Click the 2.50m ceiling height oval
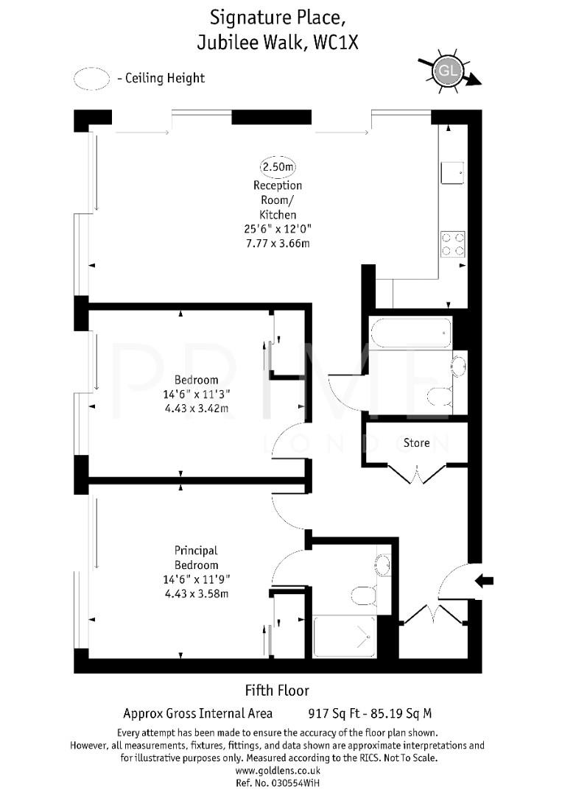(278, 167)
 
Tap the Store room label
(416, 443)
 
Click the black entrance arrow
(484, 581)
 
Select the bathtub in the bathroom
(411, 333)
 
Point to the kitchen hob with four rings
(453, 244)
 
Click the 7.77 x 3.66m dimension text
(278, 241)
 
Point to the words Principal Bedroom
(196, 556)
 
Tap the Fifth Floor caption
(277, 690)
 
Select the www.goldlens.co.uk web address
(277, 770)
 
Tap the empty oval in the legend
(91, 79)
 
